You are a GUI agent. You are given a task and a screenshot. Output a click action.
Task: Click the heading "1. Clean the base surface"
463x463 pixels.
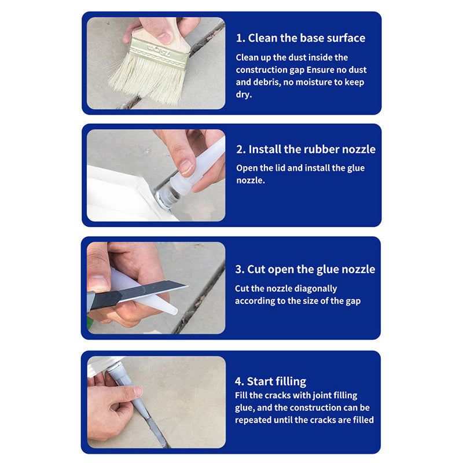(x=300, y=38)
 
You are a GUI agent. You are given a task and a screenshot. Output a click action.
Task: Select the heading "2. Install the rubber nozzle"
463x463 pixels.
(x=306, y=149)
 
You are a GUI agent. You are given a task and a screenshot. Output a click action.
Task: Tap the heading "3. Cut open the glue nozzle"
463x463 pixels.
(x=304, y=269)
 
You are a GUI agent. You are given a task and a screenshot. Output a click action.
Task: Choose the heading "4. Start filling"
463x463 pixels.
(x=270, y=381)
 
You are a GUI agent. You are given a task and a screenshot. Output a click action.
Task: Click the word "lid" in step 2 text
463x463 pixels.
(x=281, y=168)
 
